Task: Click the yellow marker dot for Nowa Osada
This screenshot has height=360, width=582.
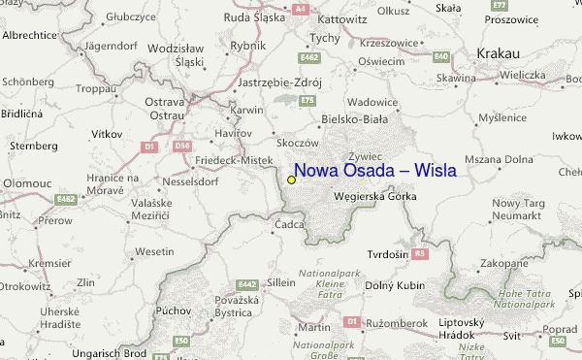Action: (291, 180)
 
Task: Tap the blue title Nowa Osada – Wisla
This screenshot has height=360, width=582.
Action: (374, 171)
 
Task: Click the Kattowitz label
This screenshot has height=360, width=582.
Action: (342, 18)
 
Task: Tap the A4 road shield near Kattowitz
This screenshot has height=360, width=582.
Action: (301, 8)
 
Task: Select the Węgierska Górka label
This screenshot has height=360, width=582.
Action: (374, 195)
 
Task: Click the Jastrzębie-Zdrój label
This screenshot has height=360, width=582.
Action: (278, 82)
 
